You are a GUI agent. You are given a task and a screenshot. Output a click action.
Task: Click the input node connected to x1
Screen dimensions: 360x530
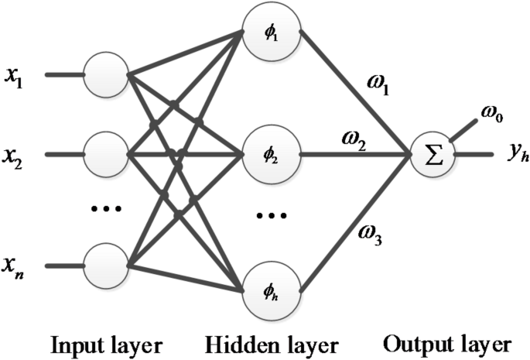click(x=106, y=75)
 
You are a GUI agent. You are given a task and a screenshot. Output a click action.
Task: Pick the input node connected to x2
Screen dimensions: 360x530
click(x=106, y=154)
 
